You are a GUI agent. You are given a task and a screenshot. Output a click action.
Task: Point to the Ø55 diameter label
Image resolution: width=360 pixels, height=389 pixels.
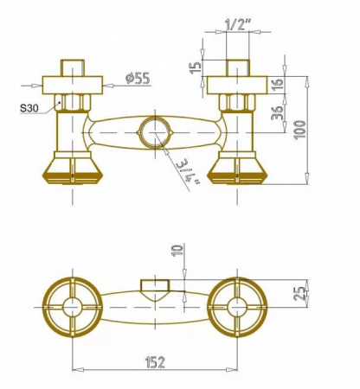[x=138, y=78]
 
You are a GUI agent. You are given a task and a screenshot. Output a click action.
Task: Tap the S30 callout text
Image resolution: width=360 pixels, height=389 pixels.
[x=29, y=108]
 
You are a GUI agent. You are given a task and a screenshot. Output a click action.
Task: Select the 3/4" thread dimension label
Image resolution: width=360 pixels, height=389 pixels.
[x=188, y=172]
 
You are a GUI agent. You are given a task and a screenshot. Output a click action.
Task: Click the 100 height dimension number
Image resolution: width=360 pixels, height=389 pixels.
[x=300, y=130]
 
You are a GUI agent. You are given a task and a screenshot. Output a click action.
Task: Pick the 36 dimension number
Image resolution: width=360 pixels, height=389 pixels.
[x=277, y=112]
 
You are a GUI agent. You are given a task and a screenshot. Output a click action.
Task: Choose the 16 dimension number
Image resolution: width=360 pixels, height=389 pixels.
[x=277, y=85]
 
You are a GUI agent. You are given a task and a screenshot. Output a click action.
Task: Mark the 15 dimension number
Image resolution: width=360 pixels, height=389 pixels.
[x=196, y=67]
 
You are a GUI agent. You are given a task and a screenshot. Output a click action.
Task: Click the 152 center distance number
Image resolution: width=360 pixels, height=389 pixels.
[x=155, y=362]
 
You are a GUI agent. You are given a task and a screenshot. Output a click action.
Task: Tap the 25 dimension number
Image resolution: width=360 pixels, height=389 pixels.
[x=300, y=293]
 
